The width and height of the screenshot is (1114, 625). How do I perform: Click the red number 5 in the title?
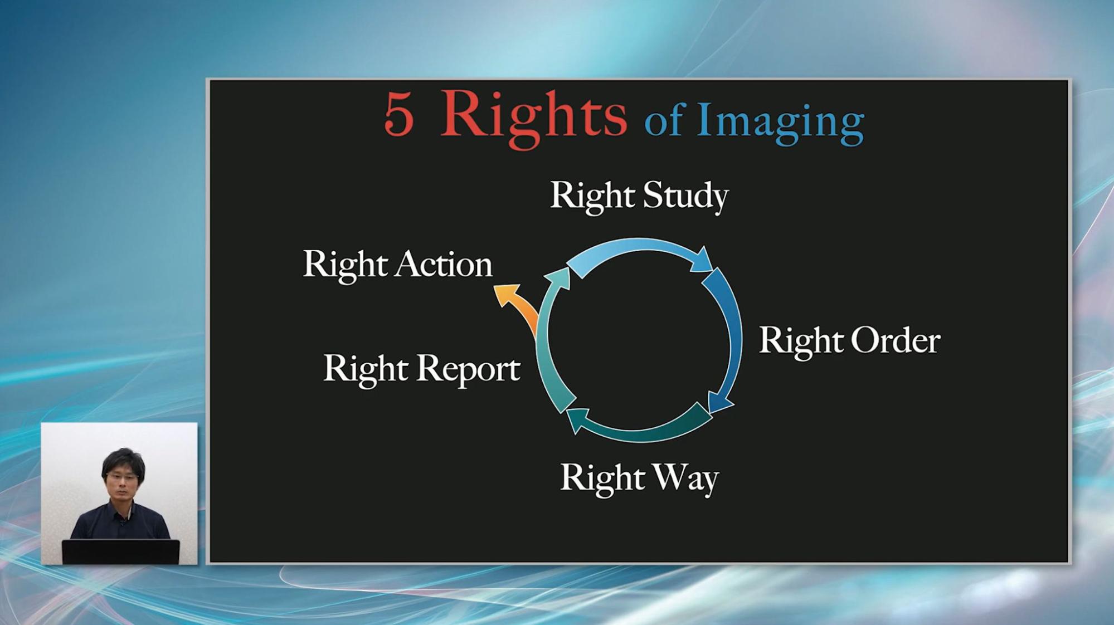399,115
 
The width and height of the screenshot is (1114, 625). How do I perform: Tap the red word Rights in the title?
534,118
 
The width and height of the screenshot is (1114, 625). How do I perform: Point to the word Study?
685,197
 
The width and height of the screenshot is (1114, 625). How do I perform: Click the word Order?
896,340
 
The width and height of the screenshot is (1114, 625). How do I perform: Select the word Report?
469,370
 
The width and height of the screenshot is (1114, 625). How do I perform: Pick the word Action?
445,264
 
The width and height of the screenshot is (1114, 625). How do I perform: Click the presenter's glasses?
121,477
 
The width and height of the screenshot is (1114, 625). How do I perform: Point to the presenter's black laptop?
121,551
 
